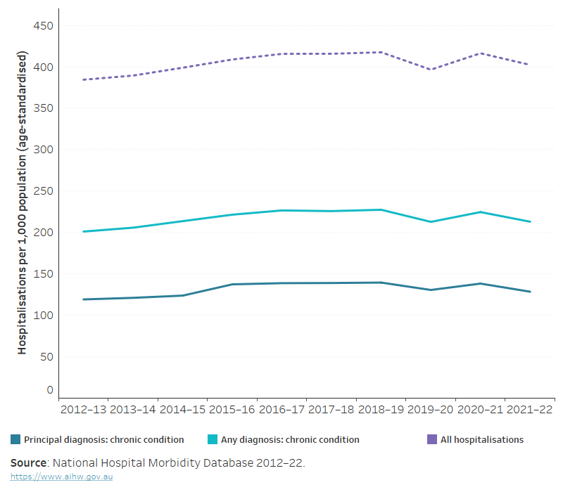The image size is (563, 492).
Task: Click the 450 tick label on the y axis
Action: coord(44,26)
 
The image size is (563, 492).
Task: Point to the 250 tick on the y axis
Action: coord(44,191)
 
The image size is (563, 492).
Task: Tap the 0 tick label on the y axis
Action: coord(49,389)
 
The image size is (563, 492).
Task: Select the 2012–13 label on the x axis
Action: coord(84,409)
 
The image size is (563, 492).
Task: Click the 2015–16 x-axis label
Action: coord(232,409)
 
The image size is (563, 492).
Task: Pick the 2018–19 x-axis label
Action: coord(381,409)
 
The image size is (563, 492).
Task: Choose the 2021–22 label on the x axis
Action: coord(529,409)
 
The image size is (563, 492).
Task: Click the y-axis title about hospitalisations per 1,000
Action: coord(23,202)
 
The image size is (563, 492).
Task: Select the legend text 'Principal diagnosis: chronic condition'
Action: coord(103,440)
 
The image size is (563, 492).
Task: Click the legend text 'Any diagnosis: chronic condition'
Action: coord(290,440)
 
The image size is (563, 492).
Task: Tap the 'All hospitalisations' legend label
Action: coord(482,440)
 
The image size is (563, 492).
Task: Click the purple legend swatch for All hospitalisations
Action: coord(432,440)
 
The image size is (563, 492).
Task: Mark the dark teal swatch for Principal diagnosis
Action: coord(15,440)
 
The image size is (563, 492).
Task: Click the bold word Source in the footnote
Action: coord(29,463)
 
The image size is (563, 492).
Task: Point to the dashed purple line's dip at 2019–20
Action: coord(431,70)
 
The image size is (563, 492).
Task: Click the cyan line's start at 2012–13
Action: coord(84,231)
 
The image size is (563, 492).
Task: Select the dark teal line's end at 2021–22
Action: coord(529,292)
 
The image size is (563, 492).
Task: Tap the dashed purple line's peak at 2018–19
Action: coord(381,52)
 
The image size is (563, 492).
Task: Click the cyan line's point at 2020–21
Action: coord(480,212)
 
